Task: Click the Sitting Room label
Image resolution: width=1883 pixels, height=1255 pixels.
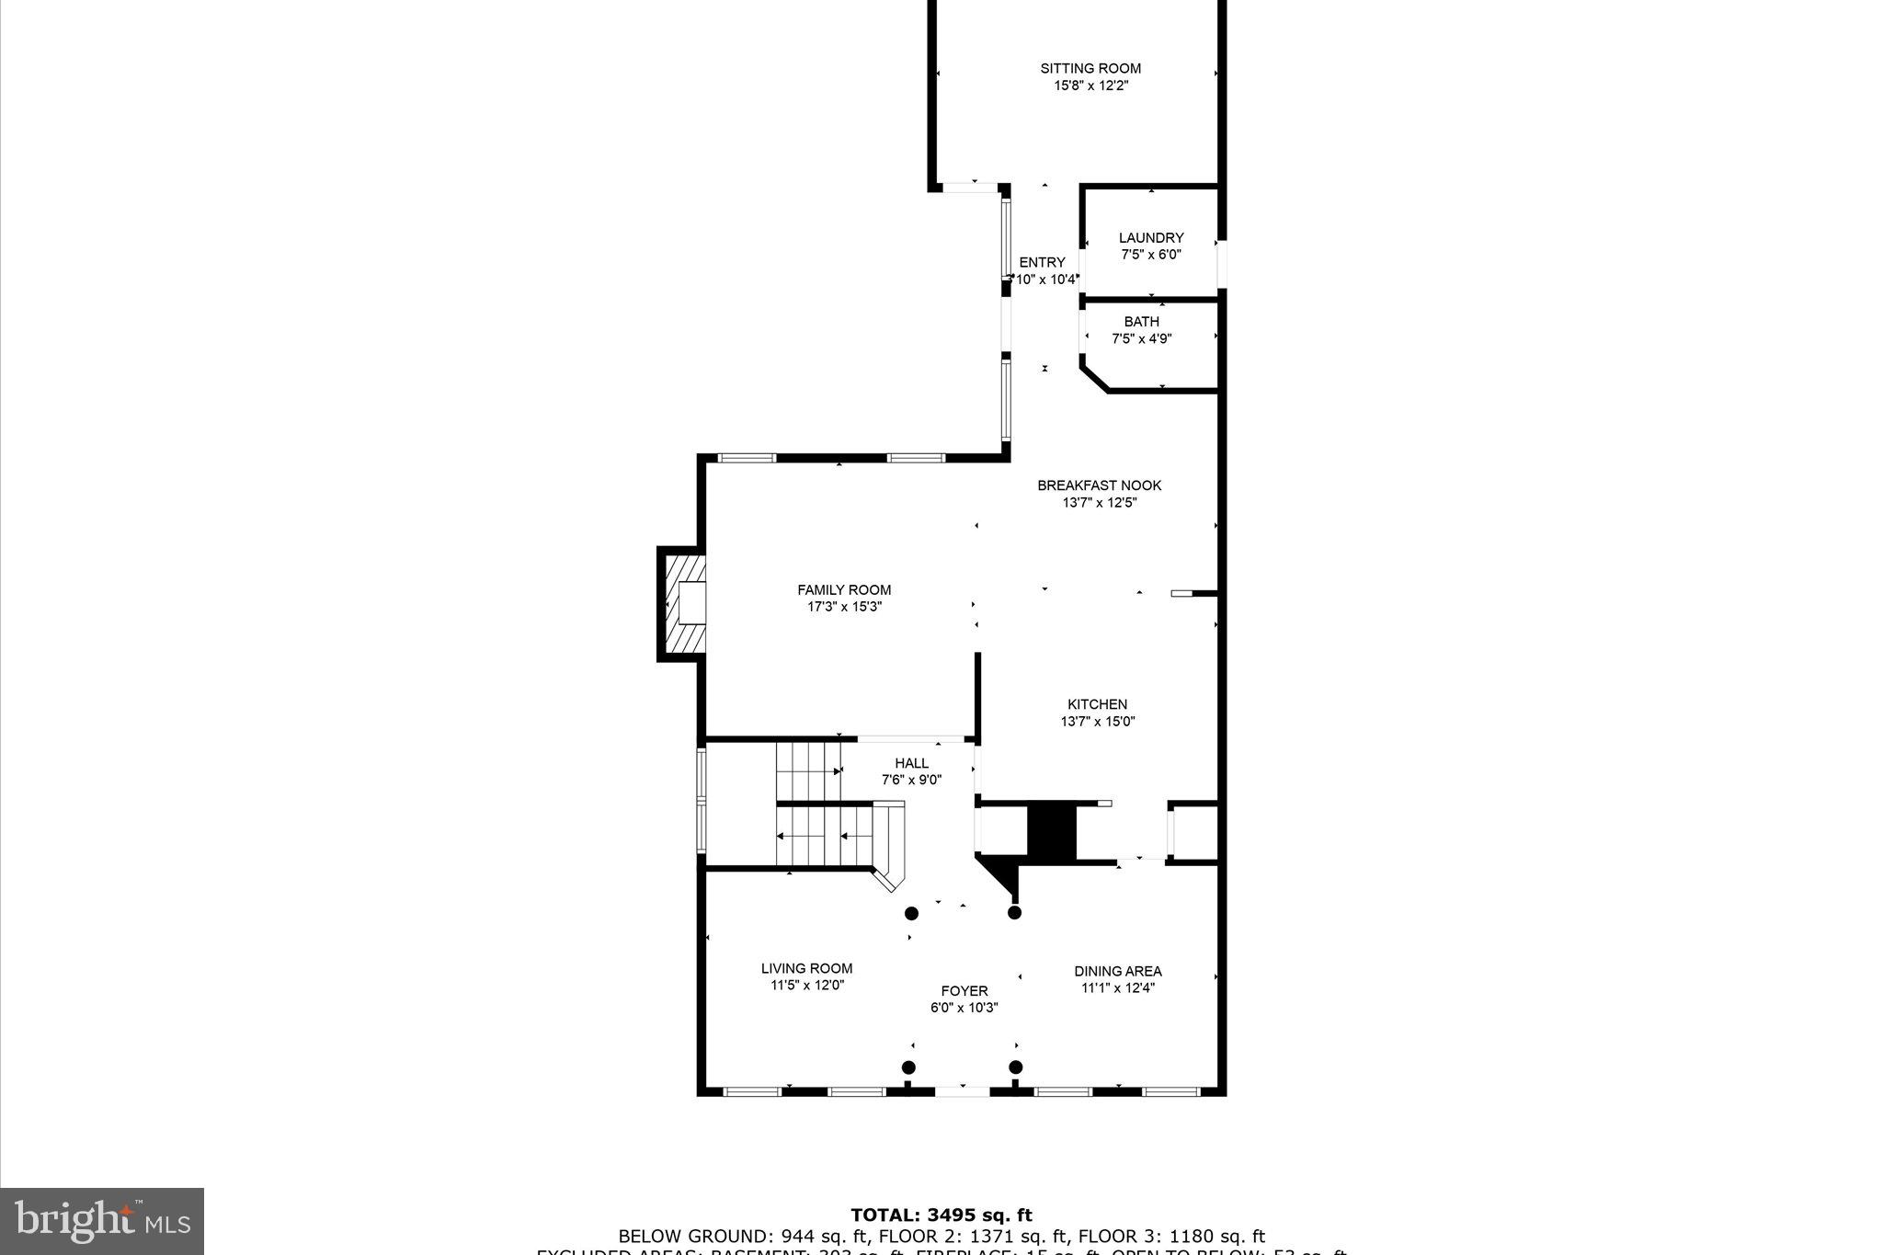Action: [1090, 68]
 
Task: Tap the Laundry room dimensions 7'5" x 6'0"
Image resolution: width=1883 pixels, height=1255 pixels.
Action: [1150, 255]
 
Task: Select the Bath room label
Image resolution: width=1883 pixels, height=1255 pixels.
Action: [1141, 322]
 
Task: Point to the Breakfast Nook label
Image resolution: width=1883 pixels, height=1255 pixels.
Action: [1099, 485]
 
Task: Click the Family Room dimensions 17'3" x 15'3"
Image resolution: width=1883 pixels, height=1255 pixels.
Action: [843, 607]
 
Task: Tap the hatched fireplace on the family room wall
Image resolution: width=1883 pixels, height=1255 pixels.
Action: [681, 603]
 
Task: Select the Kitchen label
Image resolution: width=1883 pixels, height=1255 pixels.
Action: [1097, 704]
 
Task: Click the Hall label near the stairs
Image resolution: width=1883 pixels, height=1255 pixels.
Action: [911, 763]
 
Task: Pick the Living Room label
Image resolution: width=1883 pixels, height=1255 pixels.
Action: [806, 968]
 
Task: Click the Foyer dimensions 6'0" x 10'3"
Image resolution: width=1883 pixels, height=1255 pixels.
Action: [964, 1008]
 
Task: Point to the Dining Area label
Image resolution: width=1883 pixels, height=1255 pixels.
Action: [1117, 971]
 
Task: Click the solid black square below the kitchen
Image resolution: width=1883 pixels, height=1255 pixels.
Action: [1050, 830]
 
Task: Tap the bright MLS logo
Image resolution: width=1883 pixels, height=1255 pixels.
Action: [102, 1221]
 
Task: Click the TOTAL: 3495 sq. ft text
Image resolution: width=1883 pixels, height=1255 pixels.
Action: [941, 1215]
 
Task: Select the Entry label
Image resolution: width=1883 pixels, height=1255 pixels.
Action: [1042, 262]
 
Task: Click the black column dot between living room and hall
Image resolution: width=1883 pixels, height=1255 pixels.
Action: [911, 913]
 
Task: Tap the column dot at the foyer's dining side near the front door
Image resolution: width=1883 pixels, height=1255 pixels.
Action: [1015, 1067]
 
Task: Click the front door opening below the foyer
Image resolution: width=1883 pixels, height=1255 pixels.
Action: [962, 1091]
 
